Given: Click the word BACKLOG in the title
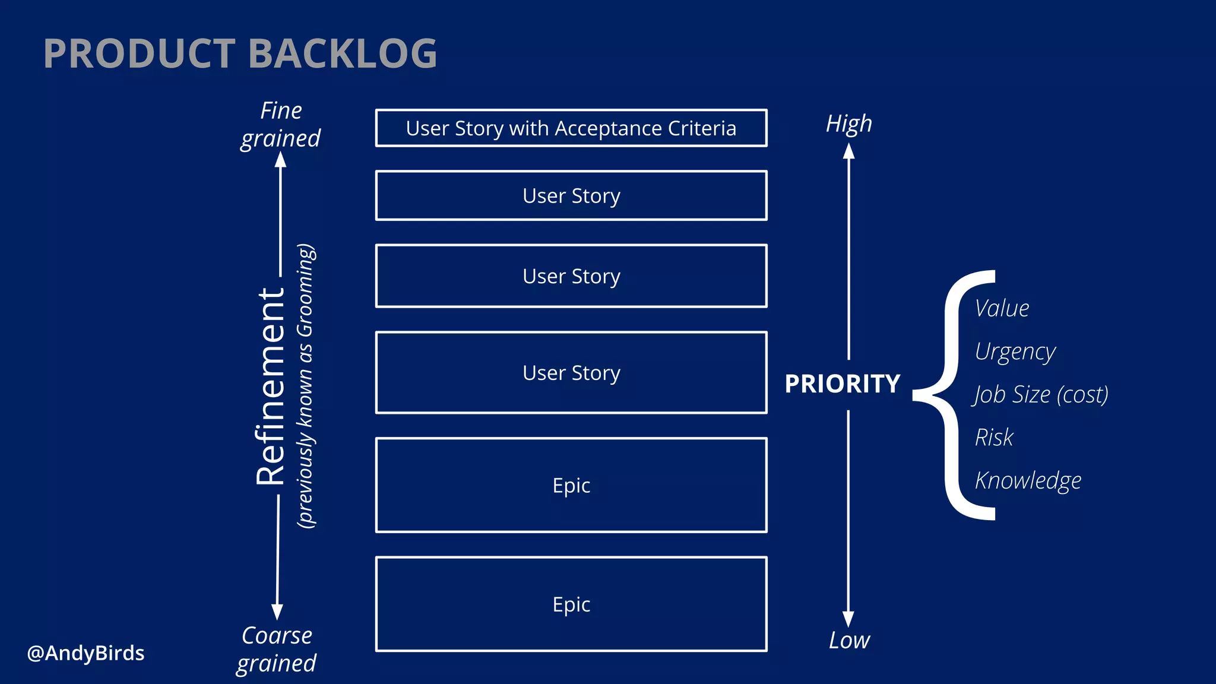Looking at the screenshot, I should [x=347, y=54].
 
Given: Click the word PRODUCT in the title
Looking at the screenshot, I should [x=140, y=54].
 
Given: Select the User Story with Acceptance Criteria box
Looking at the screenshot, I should [x=571, y=128].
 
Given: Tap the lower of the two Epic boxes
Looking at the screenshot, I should [x=571, y=604].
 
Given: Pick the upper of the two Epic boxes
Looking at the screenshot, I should [x=571, y=485].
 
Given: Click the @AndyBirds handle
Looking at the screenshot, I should [x=86, y=653].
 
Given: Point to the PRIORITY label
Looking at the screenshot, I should [x=842, y=384].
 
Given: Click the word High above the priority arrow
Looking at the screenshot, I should [x=848, y=124].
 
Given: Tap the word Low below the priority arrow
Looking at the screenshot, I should [x=849, y=641].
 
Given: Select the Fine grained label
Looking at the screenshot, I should [x=280, y=125].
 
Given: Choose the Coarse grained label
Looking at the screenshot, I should [x=277, y=649].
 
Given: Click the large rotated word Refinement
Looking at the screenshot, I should [x=271, y=386].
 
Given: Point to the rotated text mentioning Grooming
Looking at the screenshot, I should [x=306, y=386].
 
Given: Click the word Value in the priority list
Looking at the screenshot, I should [x=1002, y=309].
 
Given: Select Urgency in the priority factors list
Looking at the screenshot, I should [x=1015, y=352].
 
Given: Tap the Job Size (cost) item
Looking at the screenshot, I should [x=1040, y=395].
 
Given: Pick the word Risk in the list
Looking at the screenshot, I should [x=994, y=438].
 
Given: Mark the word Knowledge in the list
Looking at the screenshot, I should [x=1028, y=481].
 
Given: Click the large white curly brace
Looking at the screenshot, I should [x=950, y=395].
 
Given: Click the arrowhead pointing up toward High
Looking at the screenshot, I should [x=849, y=151].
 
